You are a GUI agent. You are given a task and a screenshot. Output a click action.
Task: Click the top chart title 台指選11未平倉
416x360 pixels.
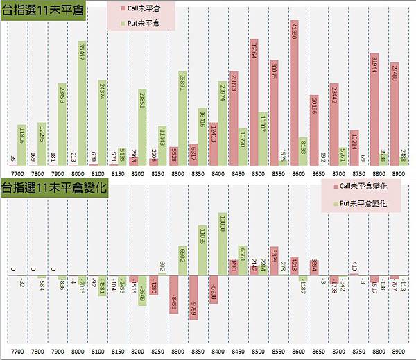click(43, 12)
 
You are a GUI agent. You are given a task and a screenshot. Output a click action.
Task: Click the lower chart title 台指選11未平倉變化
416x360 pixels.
click(53, 187)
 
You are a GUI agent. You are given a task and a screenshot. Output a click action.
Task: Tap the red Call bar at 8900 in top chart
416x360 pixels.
click(395, 114)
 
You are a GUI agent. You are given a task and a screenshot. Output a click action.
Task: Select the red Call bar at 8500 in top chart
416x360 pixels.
click(254, 102)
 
